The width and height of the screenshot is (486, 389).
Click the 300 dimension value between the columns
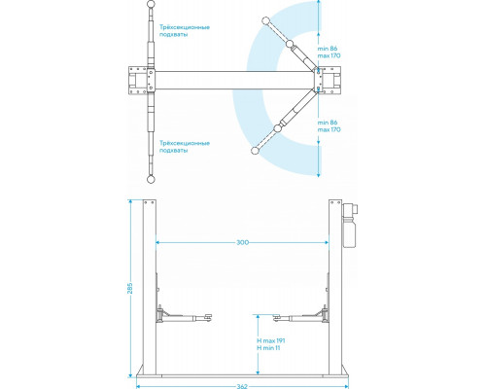click(x=242, y=242)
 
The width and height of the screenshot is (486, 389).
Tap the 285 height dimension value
click(x=130, y=289)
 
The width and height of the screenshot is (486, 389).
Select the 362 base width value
click(x=242, y=386)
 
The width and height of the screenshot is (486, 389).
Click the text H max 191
click(x=271, y=340)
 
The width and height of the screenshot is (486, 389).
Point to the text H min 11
click(x=268, y=348)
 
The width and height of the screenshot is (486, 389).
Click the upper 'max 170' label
click(x=329, y=55)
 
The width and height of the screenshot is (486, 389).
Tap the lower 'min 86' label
click(x=328, y=123)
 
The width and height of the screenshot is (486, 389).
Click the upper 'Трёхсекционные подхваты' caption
click(x=185, y=31)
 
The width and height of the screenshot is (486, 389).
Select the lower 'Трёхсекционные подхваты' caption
click(x=185, y=147)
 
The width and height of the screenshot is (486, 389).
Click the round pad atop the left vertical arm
click(x=151, y=5)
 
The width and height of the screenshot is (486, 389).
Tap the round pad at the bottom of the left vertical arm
click(x=151, y=179)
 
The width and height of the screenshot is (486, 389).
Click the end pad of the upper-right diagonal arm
click(x=265, y=20)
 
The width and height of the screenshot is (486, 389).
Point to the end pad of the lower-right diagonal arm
click(x=256, y=151)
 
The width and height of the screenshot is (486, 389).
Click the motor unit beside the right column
click(x=349, y=225)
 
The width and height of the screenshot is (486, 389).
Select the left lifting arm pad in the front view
click(x=207, y=317)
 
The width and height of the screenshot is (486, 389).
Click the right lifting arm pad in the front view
click(x=277, y=317)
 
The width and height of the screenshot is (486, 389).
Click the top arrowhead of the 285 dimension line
click(x=130, y=201)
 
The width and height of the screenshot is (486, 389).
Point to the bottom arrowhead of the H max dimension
click(x=258, y=372)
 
